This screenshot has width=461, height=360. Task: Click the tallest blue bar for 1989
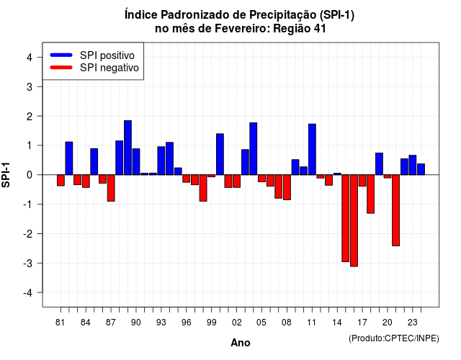pos(127,148)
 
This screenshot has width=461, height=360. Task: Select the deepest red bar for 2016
pos(354,220)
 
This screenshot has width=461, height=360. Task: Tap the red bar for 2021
pos(395,210)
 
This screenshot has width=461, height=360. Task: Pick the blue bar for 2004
pos(254,149)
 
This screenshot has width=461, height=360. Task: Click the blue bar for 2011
pos(312,149)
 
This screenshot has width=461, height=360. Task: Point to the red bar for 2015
pos(346,218)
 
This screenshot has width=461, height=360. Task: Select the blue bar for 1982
pos(69,158)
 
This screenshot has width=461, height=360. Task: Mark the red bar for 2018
pos(371,194)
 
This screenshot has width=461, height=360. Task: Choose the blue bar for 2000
pos(220,154)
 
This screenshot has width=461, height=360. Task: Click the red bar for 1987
pos(111,188)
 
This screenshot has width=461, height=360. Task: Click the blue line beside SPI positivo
pos(61,55)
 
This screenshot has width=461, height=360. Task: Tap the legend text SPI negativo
pos(109,68)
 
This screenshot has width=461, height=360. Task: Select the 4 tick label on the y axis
pos(30,58)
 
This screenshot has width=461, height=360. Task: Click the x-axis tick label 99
pos(211,323)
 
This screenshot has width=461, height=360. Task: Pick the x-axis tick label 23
pos(413,323)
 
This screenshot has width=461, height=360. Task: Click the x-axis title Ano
pos(241,343)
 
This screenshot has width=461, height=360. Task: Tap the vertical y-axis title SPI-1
pos(6,175)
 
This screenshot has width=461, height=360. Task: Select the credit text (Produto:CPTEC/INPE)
pos(394,338)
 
